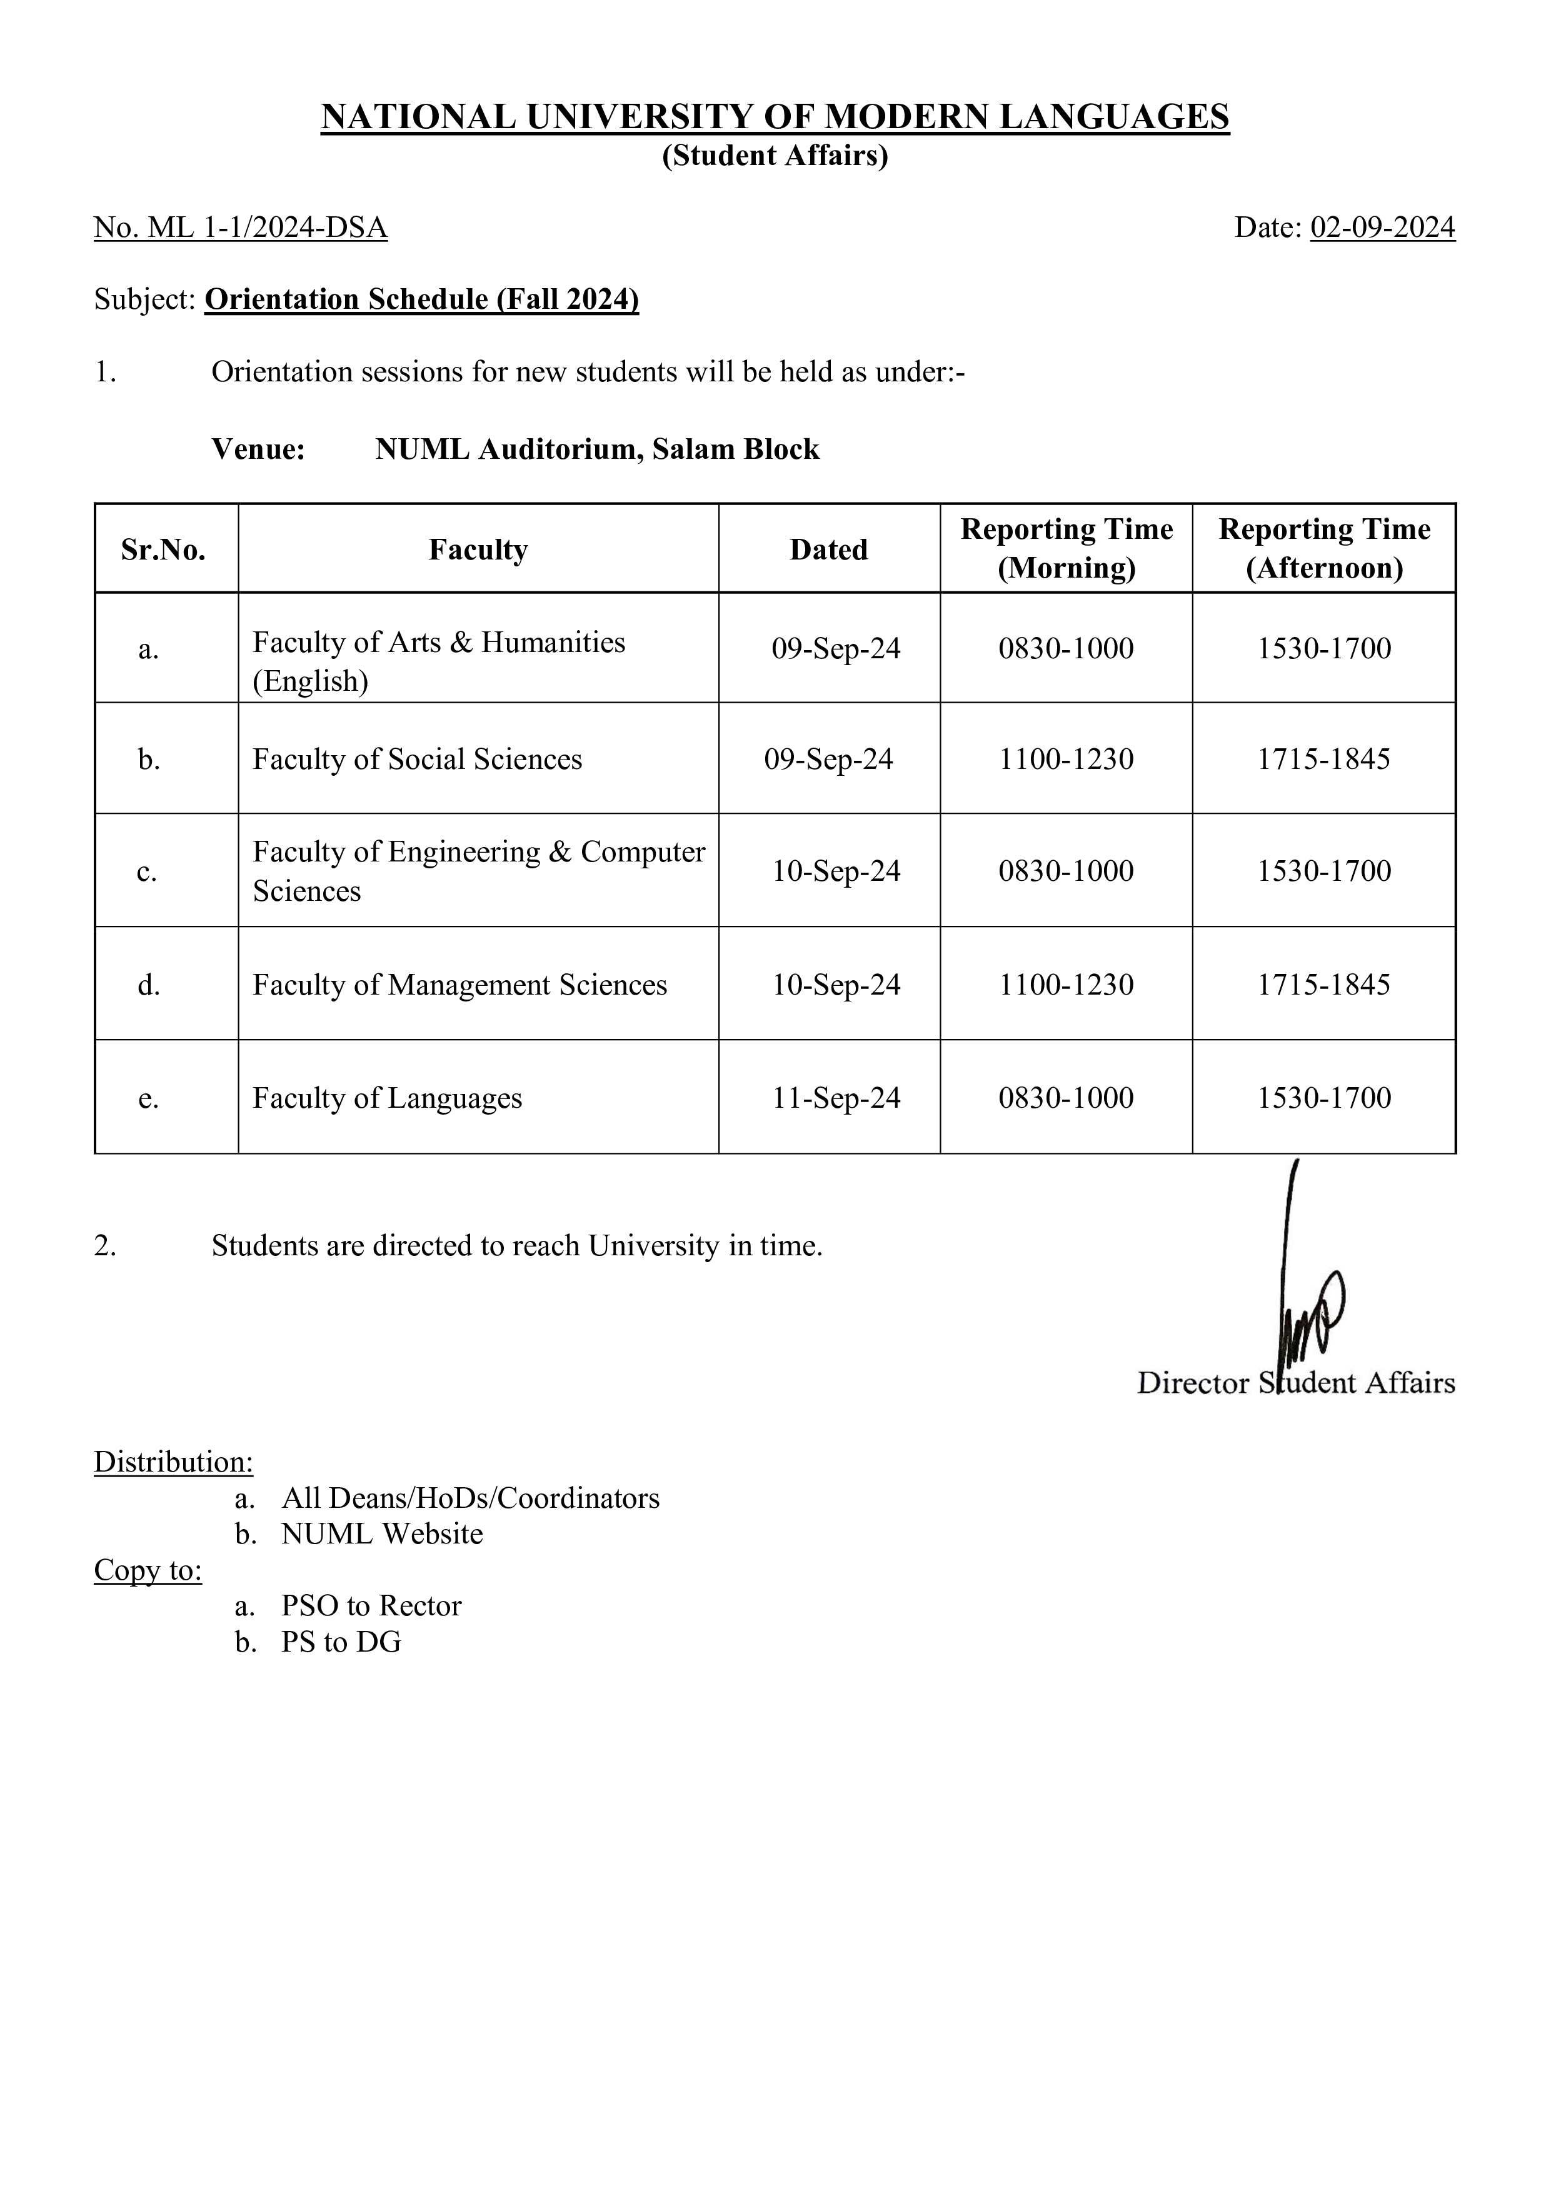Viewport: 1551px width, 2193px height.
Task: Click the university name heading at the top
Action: pyautogui.click(x=775, y=116)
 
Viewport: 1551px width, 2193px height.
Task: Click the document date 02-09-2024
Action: pyautogui.click(x=1382, y=228)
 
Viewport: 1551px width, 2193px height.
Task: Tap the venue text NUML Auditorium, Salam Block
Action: pyautogui.click(x=597, y=449)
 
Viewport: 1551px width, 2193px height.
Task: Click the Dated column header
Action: pyautogui.click(x=828, y=550)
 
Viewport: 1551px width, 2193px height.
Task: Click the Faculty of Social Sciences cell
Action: pyautogui.click(x=418, y=760)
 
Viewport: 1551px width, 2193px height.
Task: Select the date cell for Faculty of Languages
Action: pyautogui.click(x=836, y=1098)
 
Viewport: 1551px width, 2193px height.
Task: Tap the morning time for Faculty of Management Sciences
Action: pyautogui.click(x=1066, y=985)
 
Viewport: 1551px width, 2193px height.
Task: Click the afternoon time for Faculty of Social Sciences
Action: pyautogui.click(x=1323, y=760)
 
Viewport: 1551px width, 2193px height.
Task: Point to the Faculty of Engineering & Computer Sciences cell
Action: pyautogui.click(x=478, y=870)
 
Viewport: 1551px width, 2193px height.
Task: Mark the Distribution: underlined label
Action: pyautogui.click(x=173, y=1462)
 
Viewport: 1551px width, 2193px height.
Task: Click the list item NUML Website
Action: pyautogui.click(x=382, y=1533)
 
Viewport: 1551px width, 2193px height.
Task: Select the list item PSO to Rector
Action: pyautogui.click(x=371, y=1605)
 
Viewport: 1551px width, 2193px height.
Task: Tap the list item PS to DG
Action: pyautogui.click(x=341, y=1642)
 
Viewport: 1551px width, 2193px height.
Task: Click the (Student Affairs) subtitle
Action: pyautogui.click(x=775, y=156)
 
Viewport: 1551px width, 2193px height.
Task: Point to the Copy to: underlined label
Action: pyautogui.click(x=148, y=1569)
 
